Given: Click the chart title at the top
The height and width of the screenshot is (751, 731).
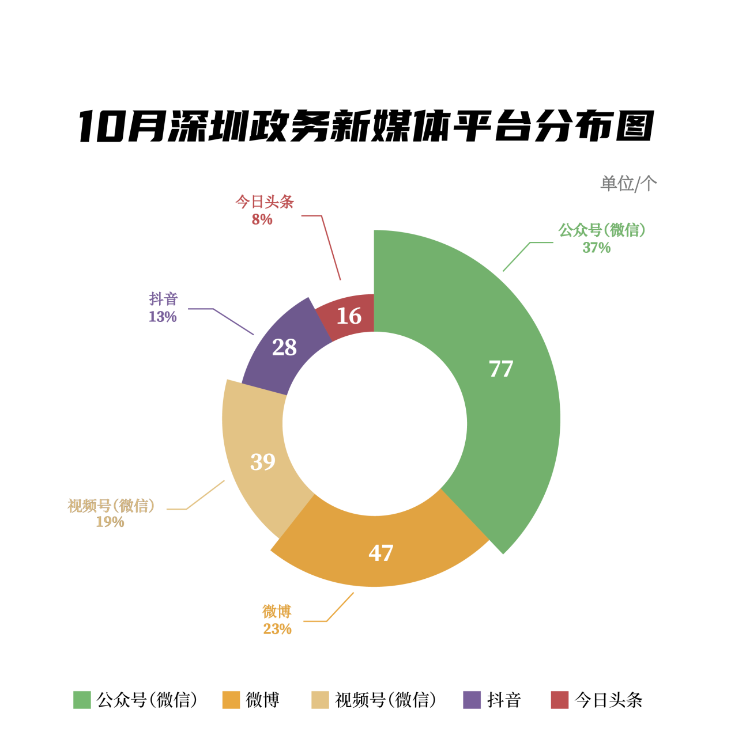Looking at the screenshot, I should pyautogui.click(x=365, y=126).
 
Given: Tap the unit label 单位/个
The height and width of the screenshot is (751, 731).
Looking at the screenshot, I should pyautogui.click(x=628, y=184).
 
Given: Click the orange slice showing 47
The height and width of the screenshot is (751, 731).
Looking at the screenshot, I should pyautogui.click(x=380, y=553).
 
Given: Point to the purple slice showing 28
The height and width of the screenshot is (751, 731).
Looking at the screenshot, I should pyautogui.click(x=284, y=347).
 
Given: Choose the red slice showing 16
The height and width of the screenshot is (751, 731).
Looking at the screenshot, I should pyautogui.click(x=349, y=316).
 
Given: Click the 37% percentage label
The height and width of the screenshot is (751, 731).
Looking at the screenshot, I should pyautogui.click(x=596, y=248).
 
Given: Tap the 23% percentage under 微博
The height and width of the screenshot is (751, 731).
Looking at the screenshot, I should pyautogui.click(x=277, y=629).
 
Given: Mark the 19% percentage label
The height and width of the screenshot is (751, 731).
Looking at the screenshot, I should pyautogui.click(x=110, y=522).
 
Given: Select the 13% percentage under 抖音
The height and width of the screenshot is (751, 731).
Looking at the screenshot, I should pyautogui.click(x=163, y=317).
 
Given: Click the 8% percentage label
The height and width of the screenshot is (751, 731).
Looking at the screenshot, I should pyautogui.click(x=262, y=219).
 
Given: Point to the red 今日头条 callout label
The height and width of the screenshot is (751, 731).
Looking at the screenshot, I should pyautogui.click(x=265, y=202).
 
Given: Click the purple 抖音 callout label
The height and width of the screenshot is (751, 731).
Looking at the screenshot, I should pyautogui.click(x=164, y=299).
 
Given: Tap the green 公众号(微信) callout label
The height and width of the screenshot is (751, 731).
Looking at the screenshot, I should pyautogui.click(x=601, y=230).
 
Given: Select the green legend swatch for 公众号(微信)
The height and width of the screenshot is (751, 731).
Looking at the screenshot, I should pyautogui.click(x=82, y=700).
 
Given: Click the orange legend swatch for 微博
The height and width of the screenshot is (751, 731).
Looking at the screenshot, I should pyautogui.click(x=231, y=700).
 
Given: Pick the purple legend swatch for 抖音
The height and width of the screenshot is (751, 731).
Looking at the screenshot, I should pyautogui.click(x=472, y=700).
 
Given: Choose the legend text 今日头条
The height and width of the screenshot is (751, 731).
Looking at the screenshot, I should pyautogui.click(x=608, y=700).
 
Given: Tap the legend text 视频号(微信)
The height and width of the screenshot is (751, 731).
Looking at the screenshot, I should pyautogui.click(x=385, y=700).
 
